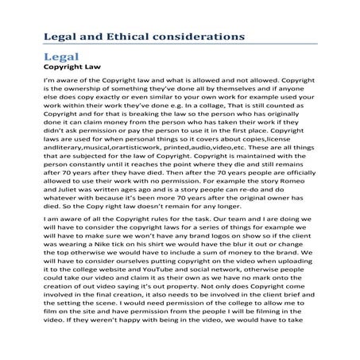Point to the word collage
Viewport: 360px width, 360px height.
click(192, 116)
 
